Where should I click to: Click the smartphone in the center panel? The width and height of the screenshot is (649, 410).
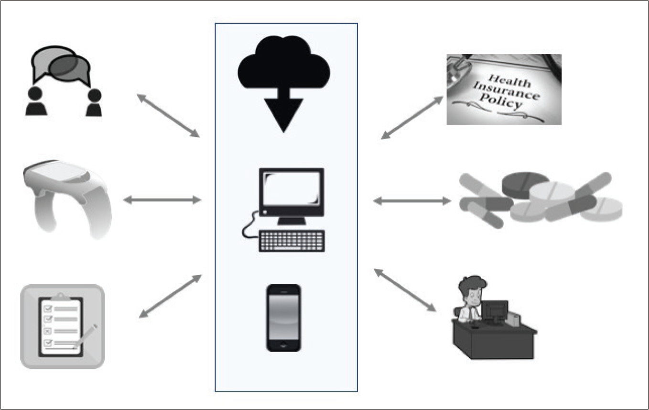pos(284,318)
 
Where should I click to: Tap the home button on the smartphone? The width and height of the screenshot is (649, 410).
pos(284,345)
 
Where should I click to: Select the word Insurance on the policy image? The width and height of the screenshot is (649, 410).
pos(507,90)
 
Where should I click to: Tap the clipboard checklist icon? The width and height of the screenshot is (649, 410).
pos(63,326)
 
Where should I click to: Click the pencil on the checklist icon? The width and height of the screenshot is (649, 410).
pos(85,336)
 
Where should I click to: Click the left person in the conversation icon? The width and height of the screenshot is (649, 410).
pos(36,101)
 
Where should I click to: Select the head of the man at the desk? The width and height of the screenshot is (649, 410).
pos(471,290)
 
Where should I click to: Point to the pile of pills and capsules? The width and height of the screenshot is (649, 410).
pos(541,200)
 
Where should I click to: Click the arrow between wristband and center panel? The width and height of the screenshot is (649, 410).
pos(162,200)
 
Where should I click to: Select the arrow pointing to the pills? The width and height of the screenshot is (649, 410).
pos(412,200)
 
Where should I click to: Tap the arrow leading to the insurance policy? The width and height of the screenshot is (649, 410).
pos(412,118)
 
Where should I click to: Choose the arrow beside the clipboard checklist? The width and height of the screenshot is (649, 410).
pos(170,296)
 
